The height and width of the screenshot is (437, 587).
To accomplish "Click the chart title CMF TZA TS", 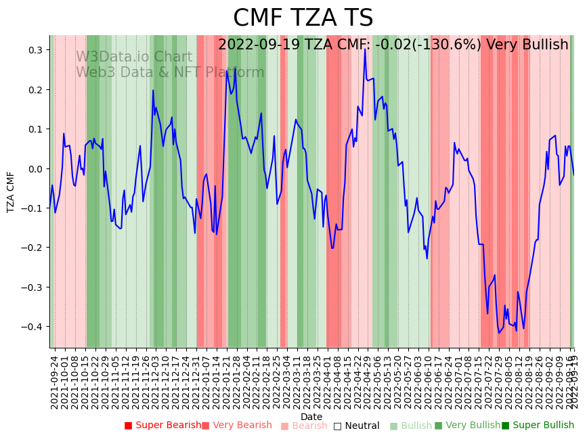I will pyautogui.click(x=303, y=18).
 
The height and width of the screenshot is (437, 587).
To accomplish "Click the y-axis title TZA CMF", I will pyautogui.click(x=11, y=192).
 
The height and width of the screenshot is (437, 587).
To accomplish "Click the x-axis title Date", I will pyautogui.click(x=311, y=417).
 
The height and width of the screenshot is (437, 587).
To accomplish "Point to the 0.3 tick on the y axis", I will pyautogui.click(x=35, y=50).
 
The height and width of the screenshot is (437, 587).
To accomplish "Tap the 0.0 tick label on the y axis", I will pyautogui.click(x=35, y=168).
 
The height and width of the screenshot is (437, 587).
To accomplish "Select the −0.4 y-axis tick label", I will pyautogui.click(x=32, y=327).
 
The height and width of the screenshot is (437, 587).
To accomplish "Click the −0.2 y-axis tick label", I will pyautogui.click(x=32, y=248).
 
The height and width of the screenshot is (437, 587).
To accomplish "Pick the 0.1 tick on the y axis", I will pyautogui.click(x=35, y=129).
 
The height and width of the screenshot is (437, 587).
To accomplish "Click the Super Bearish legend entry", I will pyautogui.click(x=162, y=425).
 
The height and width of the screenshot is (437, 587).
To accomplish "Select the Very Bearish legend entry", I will pyautogui.click(x=236, y=425).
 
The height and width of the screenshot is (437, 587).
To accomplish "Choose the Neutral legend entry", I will pyautogui.click(x=356, y=426).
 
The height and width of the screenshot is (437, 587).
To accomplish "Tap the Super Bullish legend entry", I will pyautogui.click(x=538, y=425).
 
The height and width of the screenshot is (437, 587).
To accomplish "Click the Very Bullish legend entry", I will pyautogui.click(x=467, y=425).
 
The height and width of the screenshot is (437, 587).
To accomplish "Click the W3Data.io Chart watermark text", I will pyautogui.click(x=134, y=57).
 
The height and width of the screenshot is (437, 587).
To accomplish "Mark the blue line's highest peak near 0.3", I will pyautogui.click(x=365, y=49).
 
